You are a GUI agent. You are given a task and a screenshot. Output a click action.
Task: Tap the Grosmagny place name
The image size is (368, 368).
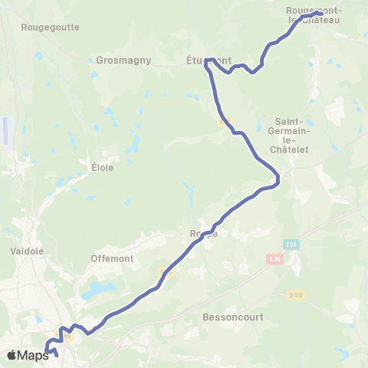coord(124,60)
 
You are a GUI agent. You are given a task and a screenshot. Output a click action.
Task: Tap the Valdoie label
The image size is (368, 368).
coord(27,250)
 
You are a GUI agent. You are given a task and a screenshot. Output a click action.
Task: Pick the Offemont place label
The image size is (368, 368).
coord(112,258)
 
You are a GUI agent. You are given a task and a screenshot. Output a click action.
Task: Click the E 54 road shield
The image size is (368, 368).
coord(290,244)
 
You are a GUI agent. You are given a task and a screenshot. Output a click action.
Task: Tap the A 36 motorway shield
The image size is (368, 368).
coord(277,260)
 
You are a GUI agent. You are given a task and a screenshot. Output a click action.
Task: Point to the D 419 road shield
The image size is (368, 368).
coord(296,294)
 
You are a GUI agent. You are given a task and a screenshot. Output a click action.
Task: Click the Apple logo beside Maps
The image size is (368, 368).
coord(11,354)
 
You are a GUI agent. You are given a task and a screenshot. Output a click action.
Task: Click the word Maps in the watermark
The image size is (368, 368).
coord(33,355)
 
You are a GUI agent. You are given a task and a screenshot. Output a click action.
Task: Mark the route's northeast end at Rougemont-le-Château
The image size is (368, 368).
coord(319,13)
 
